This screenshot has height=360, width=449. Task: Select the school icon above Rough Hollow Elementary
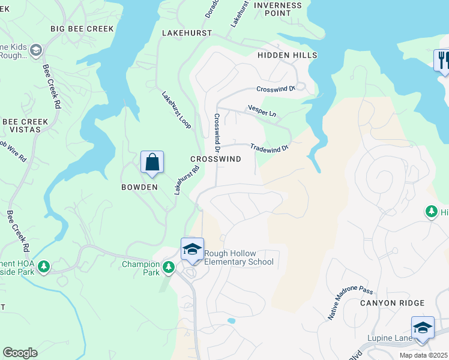(191, 250)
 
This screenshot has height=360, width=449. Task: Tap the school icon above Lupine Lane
(423, 328)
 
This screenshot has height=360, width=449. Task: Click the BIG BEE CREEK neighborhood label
(82, 29)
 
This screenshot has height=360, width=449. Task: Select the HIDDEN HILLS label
(287, 55)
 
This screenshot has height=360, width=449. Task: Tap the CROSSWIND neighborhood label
(215, 159)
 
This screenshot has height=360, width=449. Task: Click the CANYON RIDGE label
(392, 303)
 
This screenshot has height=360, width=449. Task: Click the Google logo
(20, 353)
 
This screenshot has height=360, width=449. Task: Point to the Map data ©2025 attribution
(424, 355)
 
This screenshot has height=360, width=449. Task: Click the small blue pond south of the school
(231, 321)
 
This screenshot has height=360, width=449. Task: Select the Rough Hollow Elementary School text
(239, 257)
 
